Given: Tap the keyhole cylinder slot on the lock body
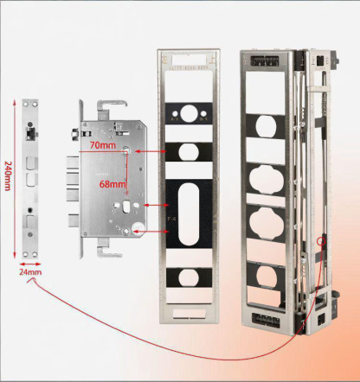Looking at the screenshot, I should (x=129, y=208).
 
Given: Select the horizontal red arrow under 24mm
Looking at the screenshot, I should (x=32, y=262).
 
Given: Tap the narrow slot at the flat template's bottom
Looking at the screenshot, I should (x=190, y=307).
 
